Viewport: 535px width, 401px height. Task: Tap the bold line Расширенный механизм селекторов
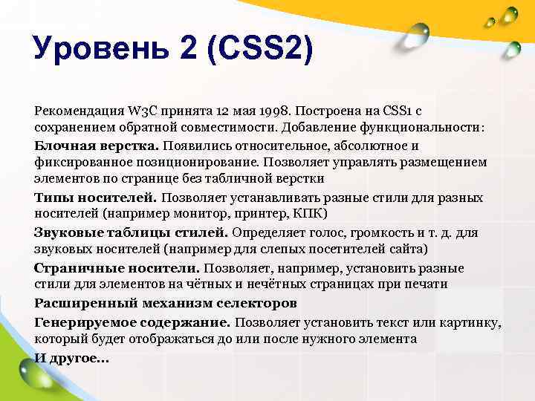(166, 303)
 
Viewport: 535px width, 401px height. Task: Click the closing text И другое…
(71, 357)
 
